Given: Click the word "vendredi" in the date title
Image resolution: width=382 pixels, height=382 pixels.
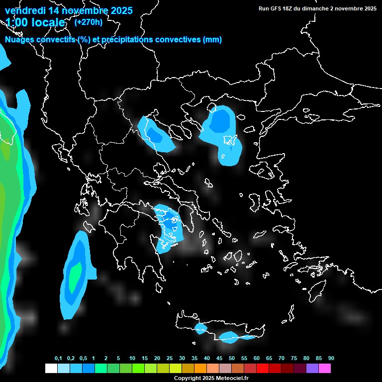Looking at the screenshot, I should coord(25,10).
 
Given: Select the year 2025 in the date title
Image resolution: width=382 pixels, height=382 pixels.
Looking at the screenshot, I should coord(120,10).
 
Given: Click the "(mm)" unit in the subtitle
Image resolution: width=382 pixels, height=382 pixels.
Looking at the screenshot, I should coord(212,40).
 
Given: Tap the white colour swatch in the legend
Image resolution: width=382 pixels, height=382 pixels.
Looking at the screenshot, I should coord(51,368).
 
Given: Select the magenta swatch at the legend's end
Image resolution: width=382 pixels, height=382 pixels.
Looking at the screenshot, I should coord(325,368).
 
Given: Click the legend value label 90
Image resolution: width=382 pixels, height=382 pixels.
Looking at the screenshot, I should coord(331,358).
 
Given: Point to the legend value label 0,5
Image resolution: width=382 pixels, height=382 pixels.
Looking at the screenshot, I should coord(83,358).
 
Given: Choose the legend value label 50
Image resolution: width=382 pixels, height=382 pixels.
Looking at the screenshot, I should coord(232,358).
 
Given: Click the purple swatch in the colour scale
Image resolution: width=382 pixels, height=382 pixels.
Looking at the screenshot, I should coord(312,368).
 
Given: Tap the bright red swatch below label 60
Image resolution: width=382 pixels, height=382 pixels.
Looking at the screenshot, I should coord(263,368).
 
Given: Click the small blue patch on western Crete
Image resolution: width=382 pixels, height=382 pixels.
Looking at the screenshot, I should coord(201,328).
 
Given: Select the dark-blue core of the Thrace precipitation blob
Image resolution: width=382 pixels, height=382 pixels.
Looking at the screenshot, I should coord(219,121).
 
